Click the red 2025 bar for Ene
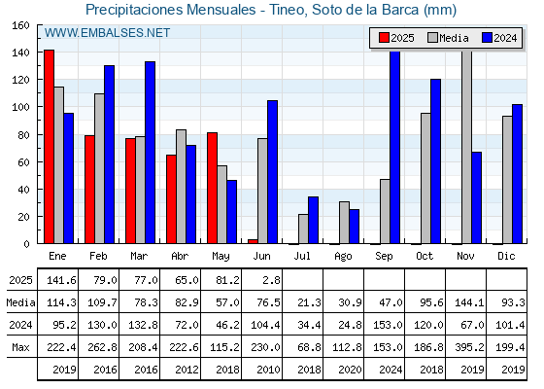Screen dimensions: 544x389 [49, 147]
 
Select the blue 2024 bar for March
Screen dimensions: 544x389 [151, 153]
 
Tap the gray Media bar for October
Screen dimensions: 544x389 [425, 178]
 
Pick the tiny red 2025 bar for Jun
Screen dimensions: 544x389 [253, 241]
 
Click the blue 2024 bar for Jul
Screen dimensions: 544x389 [313, 220]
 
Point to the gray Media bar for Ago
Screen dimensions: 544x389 [344, 223]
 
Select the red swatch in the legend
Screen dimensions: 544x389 [384, 38]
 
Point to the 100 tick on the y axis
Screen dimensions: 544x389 [21, 107]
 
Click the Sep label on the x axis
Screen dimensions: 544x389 [384, 256]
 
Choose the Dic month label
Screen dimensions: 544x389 [506, 256]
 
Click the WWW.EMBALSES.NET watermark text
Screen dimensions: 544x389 [107, 33]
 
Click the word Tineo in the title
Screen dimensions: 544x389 [288, 10]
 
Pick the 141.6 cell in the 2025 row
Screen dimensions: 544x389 [61, 280]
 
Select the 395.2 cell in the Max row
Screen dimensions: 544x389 [469, 347]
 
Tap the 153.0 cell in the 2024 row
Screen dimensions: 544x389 [388, 325]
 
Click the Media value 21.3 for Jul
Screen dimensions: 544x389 [310, 302]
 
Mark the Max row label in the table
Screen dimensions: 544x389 [20, 347]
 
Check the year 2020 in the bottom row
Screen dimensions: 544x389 [350, 370]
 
